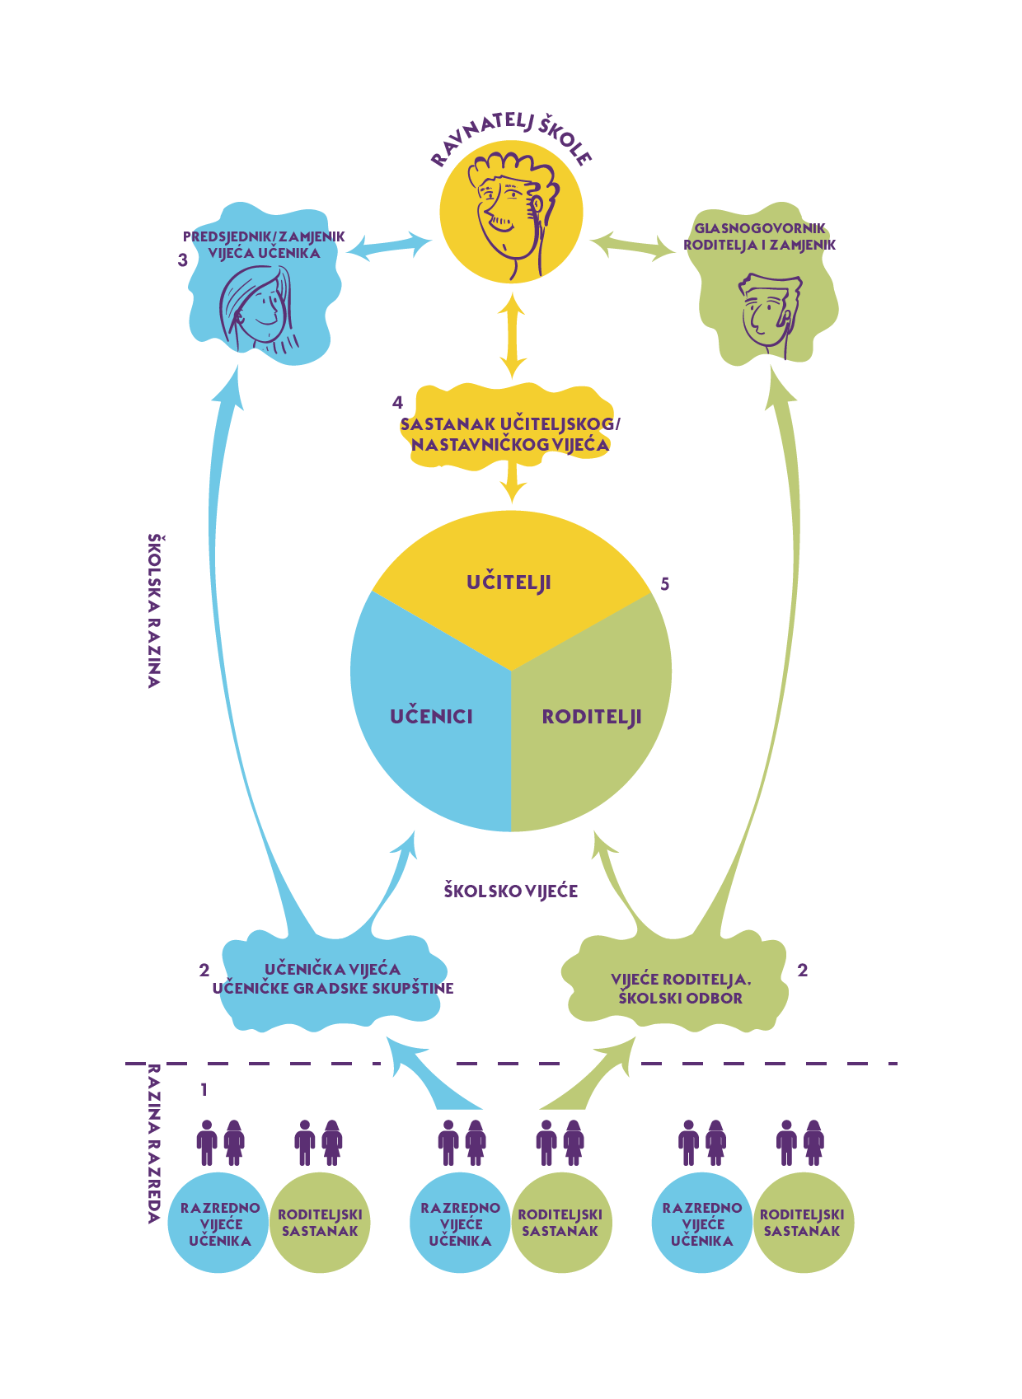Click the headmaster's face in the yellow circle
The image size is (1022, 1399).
coord(508,210)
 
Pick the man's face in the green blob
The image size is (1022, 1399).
coord(766,313)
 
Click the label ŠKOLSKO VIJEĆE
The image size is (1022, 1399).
coord(510,891)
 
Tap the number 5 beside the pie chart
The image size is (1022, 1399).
coord(665,584)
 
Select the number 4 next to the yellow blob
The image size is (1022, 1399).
coord(398,403)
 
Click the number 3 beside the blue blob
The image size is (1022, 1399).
coord(183,260)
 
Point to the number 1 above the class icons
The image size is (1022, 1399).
coord(204,1090)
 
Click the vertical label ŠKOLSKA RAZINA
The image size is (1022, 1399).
coord(154,610)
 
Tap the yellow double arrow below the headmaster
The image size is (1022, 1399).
coord(512,338)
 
